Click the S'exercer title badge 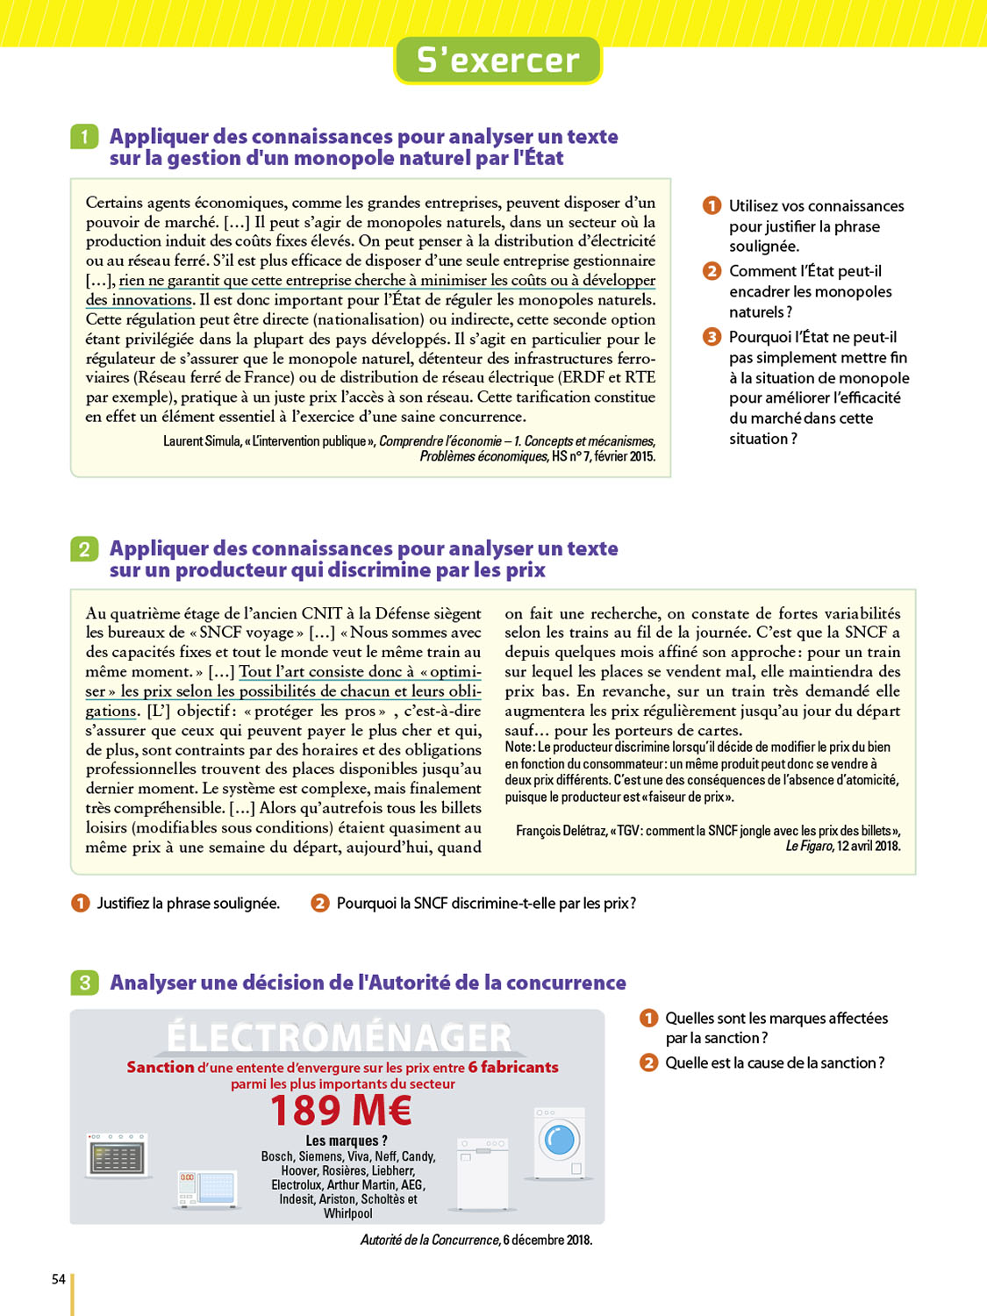tap(497, 61)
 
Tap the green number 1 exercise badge tap(84, 137)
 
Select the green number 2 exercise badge tap(84, 549)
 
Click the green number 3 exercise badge tap(84, 983)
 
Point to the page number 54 tap(59, 1279)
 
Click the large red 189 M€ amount tap(341, 1111)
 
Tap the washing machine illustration tap(560, 1142)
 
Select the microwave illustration tap(207, 1188)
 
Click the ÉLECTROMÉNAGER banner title tap(340, 1037)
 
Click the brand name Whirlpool tap(348, 1213)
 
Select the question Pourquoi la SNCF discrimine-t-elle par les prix tap(486, 904)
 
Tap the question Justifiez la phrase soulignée tap(188, 904)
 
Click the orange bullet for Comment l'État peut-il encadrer tap(712, 271)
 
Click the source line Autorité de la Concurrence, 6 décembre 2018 tap(476, 1240)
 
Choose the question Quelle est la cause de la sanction tap(775, 1063)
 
